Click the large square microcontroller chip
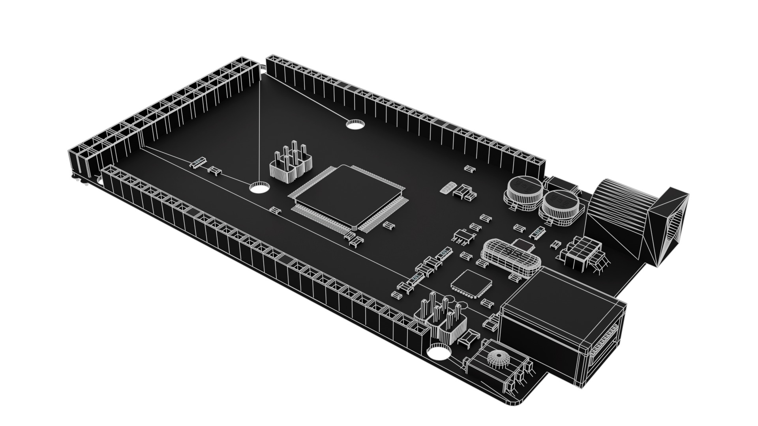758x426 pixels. pos(347,199)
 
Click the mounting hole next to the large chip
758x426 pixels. pos(259,187)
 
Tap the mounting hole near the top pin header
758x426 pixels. pos(355,125)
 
